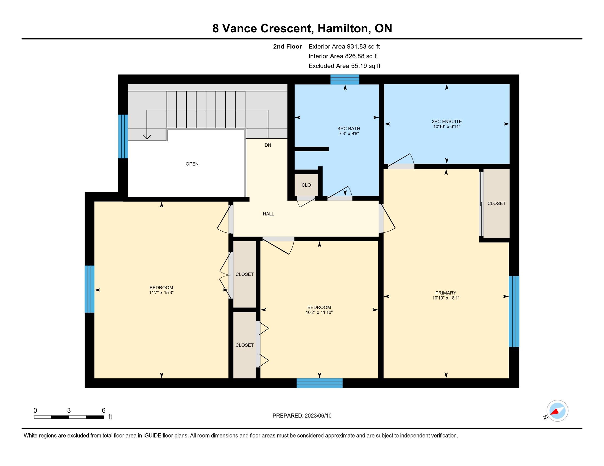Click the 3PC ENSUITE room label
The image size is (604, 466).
(447, 121)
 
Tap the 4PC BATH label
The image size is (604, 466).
(349, 128)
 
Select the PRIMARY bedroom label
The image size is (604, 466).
(446, 293)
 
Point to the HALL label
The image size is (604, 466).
(268, 214)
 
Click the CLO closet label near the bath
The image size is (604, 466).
(306, 185)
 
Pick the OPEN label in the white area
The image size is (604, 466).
(192, 164)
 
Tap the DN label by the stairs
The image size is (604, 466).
(268, 145)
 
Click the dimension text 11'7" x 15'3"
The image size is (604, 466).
(161, 293)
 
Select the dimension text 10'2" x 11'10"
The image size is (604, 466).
(319, 312)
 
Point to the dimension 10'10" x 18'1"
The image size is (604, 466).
(446, 298)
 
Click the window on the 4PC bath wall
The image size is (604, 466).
(345, 79)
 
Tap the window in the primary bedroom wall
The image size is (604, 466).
(514, 311)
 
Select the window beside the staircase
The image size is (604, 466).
(123, 137)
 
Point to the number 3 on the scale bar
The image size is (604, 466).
(69, 411)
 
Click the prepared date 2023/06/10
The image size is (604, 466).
(318, 416)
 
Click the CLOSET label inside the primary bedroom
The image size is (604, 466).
(496, 203)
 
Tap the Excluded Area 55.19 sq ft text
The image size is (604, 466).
(344, 66)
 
